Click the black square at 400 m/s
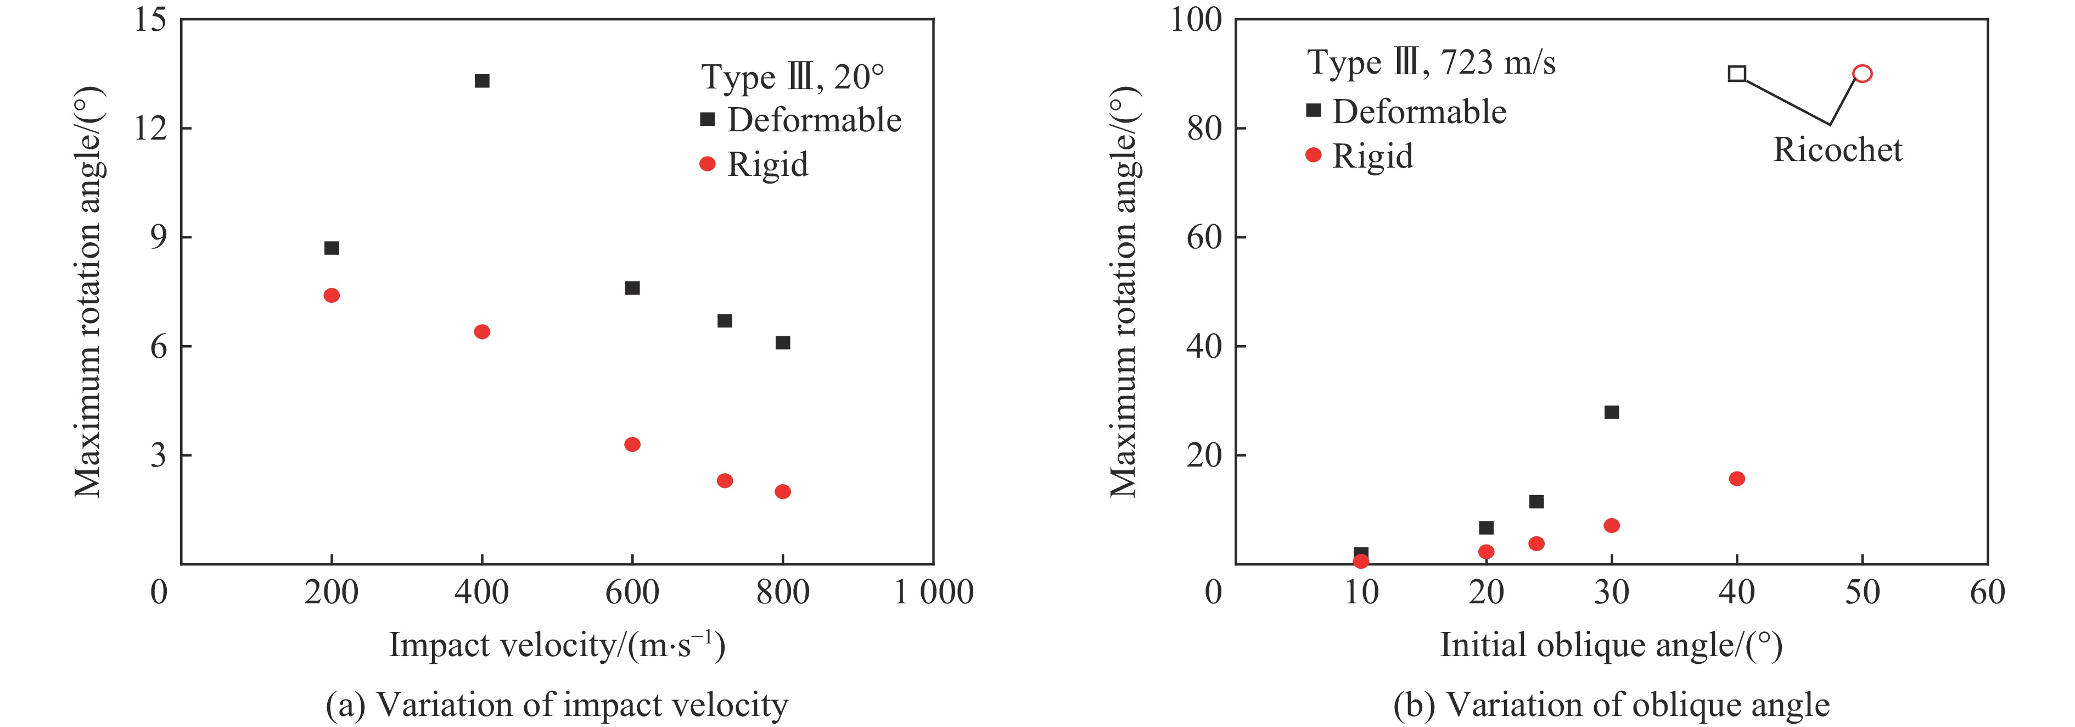[482, 81]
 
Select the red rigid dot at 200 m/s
[331, 295]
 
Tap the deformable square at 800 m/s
[782, 342]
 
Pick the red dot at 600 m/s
[632, 444]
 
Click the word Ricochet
[1837, 150]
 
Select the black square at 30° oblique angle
[1611, 412]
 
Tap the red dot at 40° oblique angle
[1737, 479]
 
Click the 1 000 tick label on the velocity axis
[934, 592]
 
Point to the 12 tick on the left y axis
[150, 127]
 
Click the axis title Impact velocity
[557, 645]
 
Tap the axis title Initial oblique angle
[1611, 645]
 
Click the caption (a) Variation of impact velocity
[557, 704]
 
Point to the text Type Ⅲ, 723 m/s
[1431, 62]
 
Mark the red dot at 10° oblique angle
[1360, 561]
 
